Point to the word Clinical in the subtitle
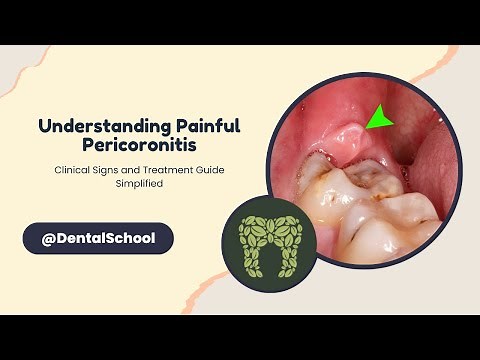[x=73, y=171]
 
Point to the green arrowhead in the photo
[x=378, y=119]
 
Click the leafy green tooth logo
[x=267, y=239]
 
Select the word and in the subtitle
[x=145, y=171]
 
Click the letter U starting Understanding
[x=44, y=127]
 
